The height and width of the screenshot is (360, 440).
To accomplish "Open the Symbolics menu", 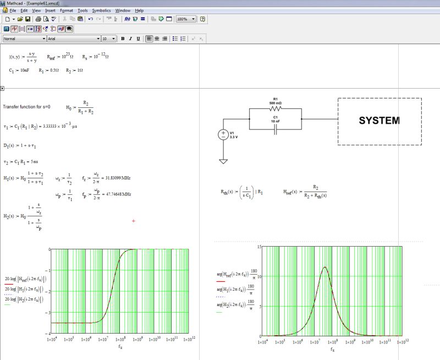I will (x=101, y=10).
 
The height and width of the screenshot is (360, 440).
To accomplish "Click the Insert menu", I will (x=50, y=10).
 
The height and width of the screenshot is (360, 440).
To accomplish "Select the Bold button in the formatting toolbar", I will (x=123, y=39).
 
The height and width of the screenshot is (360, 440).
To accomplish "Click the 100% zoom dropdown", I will (x=186, y=19).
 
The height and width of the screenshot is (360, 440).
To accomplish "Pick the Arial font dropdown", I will (x=73, y=39).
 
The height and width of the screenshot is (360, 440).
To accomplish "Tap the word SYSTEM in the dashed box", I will (x=380, y=121).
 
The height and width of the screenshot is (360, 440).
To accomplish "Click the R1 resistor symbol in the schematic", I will (x=275, y=109).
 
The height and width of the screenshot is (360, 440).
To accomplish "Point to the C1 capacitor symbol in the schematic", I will (x=275, y=128).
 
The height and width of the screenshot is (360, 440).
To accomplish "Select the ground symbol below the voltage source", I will (x=224, y=161).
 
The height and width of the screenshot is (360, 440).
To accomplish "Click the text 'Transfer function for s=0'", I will (x=26, y=106).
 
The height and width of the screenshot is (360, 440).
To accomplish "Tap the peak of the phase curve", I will (x=325, y=267).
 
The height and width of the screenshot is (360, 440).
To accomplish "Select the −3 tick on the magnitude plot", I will (x=48, y=312).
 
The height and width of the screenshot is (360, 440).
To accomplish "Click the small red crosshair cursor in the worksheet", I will (x=134, y=221).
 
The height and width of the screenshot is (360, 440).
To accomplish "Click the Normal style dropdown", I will (x=25, y=39).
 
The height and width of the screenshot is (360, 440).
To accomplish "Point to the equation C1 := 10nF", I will (x=19, y=70).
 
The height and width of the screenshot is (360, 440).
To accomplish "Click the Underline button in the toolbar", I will (x=137, y=39).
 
